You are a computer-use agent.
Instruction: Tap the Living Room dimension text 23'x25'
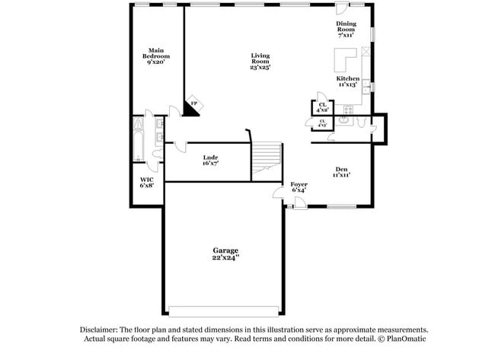[x=260, y=68]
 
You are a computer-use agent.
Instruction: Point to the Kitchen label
[x=348, y=78]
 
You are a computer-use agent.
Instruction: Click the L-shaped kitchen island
[x=343, y=59]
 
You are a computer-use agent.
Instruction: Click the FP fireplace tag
[x=193, y=103]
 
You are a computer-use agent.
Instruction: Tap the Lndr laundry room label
[x=210, y=158]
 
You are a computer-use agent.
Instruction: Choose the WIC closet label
[x=146, y=180]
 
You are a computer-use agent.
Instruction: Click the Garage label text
[x=225, y=250]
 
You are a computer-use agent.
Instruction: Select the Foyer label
[x=299, y=184]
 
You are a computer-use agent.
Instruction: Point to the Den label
[x=342, y=169]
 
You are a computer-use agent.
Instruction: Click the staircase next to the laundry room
[x=267, y=158]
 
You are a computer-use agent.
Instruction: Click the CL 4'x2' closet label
[x=323, y=107]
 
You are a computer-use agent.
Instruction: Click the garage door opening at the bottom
[x=225, y=311]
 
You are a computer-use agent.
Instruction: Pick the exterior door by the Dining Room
[x=342, y=7]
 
